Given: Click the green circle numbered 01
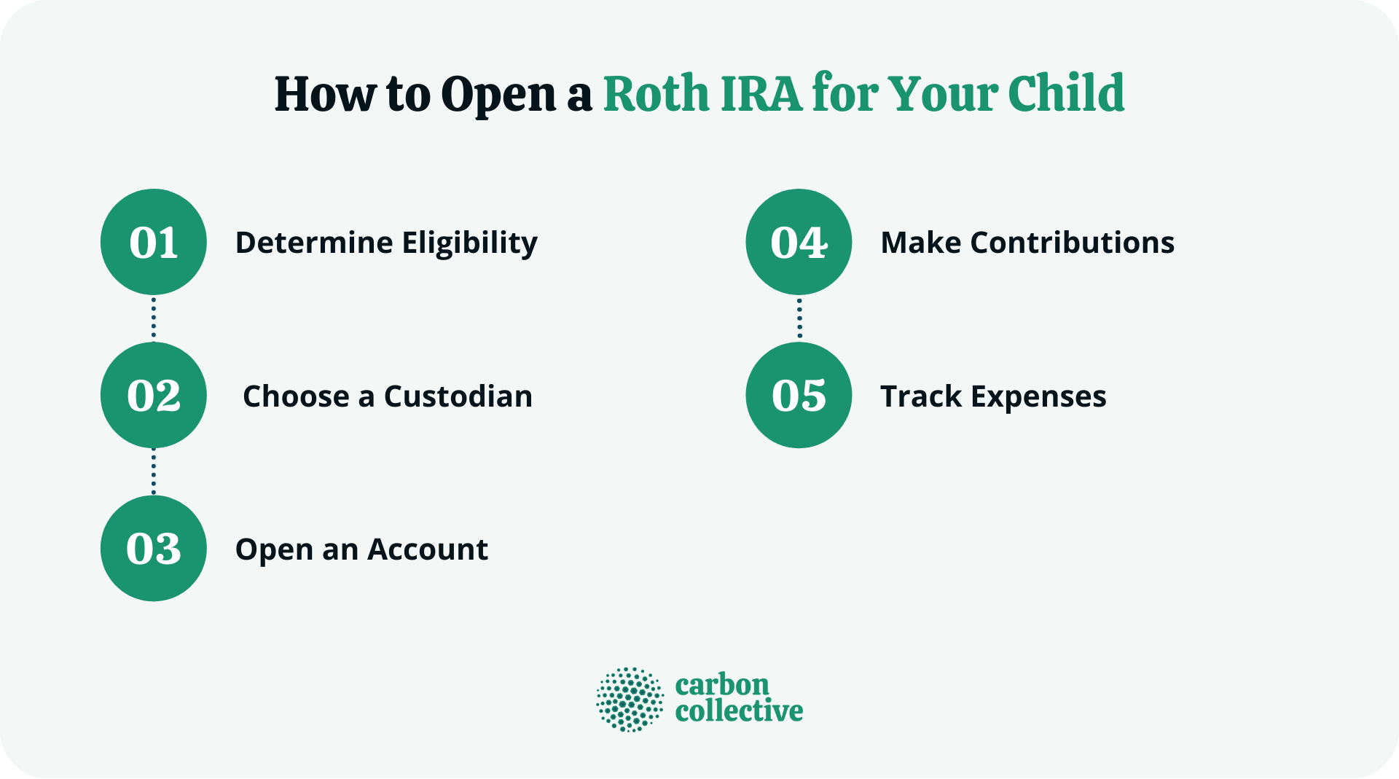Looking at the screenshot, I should tap(153, 242).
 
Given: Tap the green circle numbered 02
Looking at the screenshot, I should tap(153, 395).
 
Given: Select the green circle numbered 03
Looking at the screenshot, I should tap(153, 548).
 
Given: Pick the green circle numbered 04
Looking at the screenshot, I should tap(799, 242).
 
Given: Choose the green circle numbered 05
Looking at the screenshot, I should tap(799, 395).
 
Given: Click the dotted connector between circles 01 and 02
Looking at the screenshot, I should tap(153, 318).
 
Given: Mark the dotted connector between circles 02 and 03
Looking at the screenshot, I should tap(153, 471).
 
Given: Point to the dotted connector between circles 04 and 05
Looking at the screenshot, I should tap(799, 318).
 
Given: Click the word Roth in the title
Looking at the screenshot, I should tap(656, 94).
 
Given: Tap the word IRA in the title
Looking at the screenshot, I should tap(761, 94).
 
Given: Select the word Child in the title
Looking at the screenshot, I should tap(1065, 94).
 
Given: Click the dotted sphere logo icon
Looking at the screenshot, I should tap(630, 699).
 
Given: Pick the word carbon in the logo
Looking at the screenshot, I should tap(721, 685).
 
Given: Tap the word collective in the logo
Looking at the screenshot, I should tap(739, 711).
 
